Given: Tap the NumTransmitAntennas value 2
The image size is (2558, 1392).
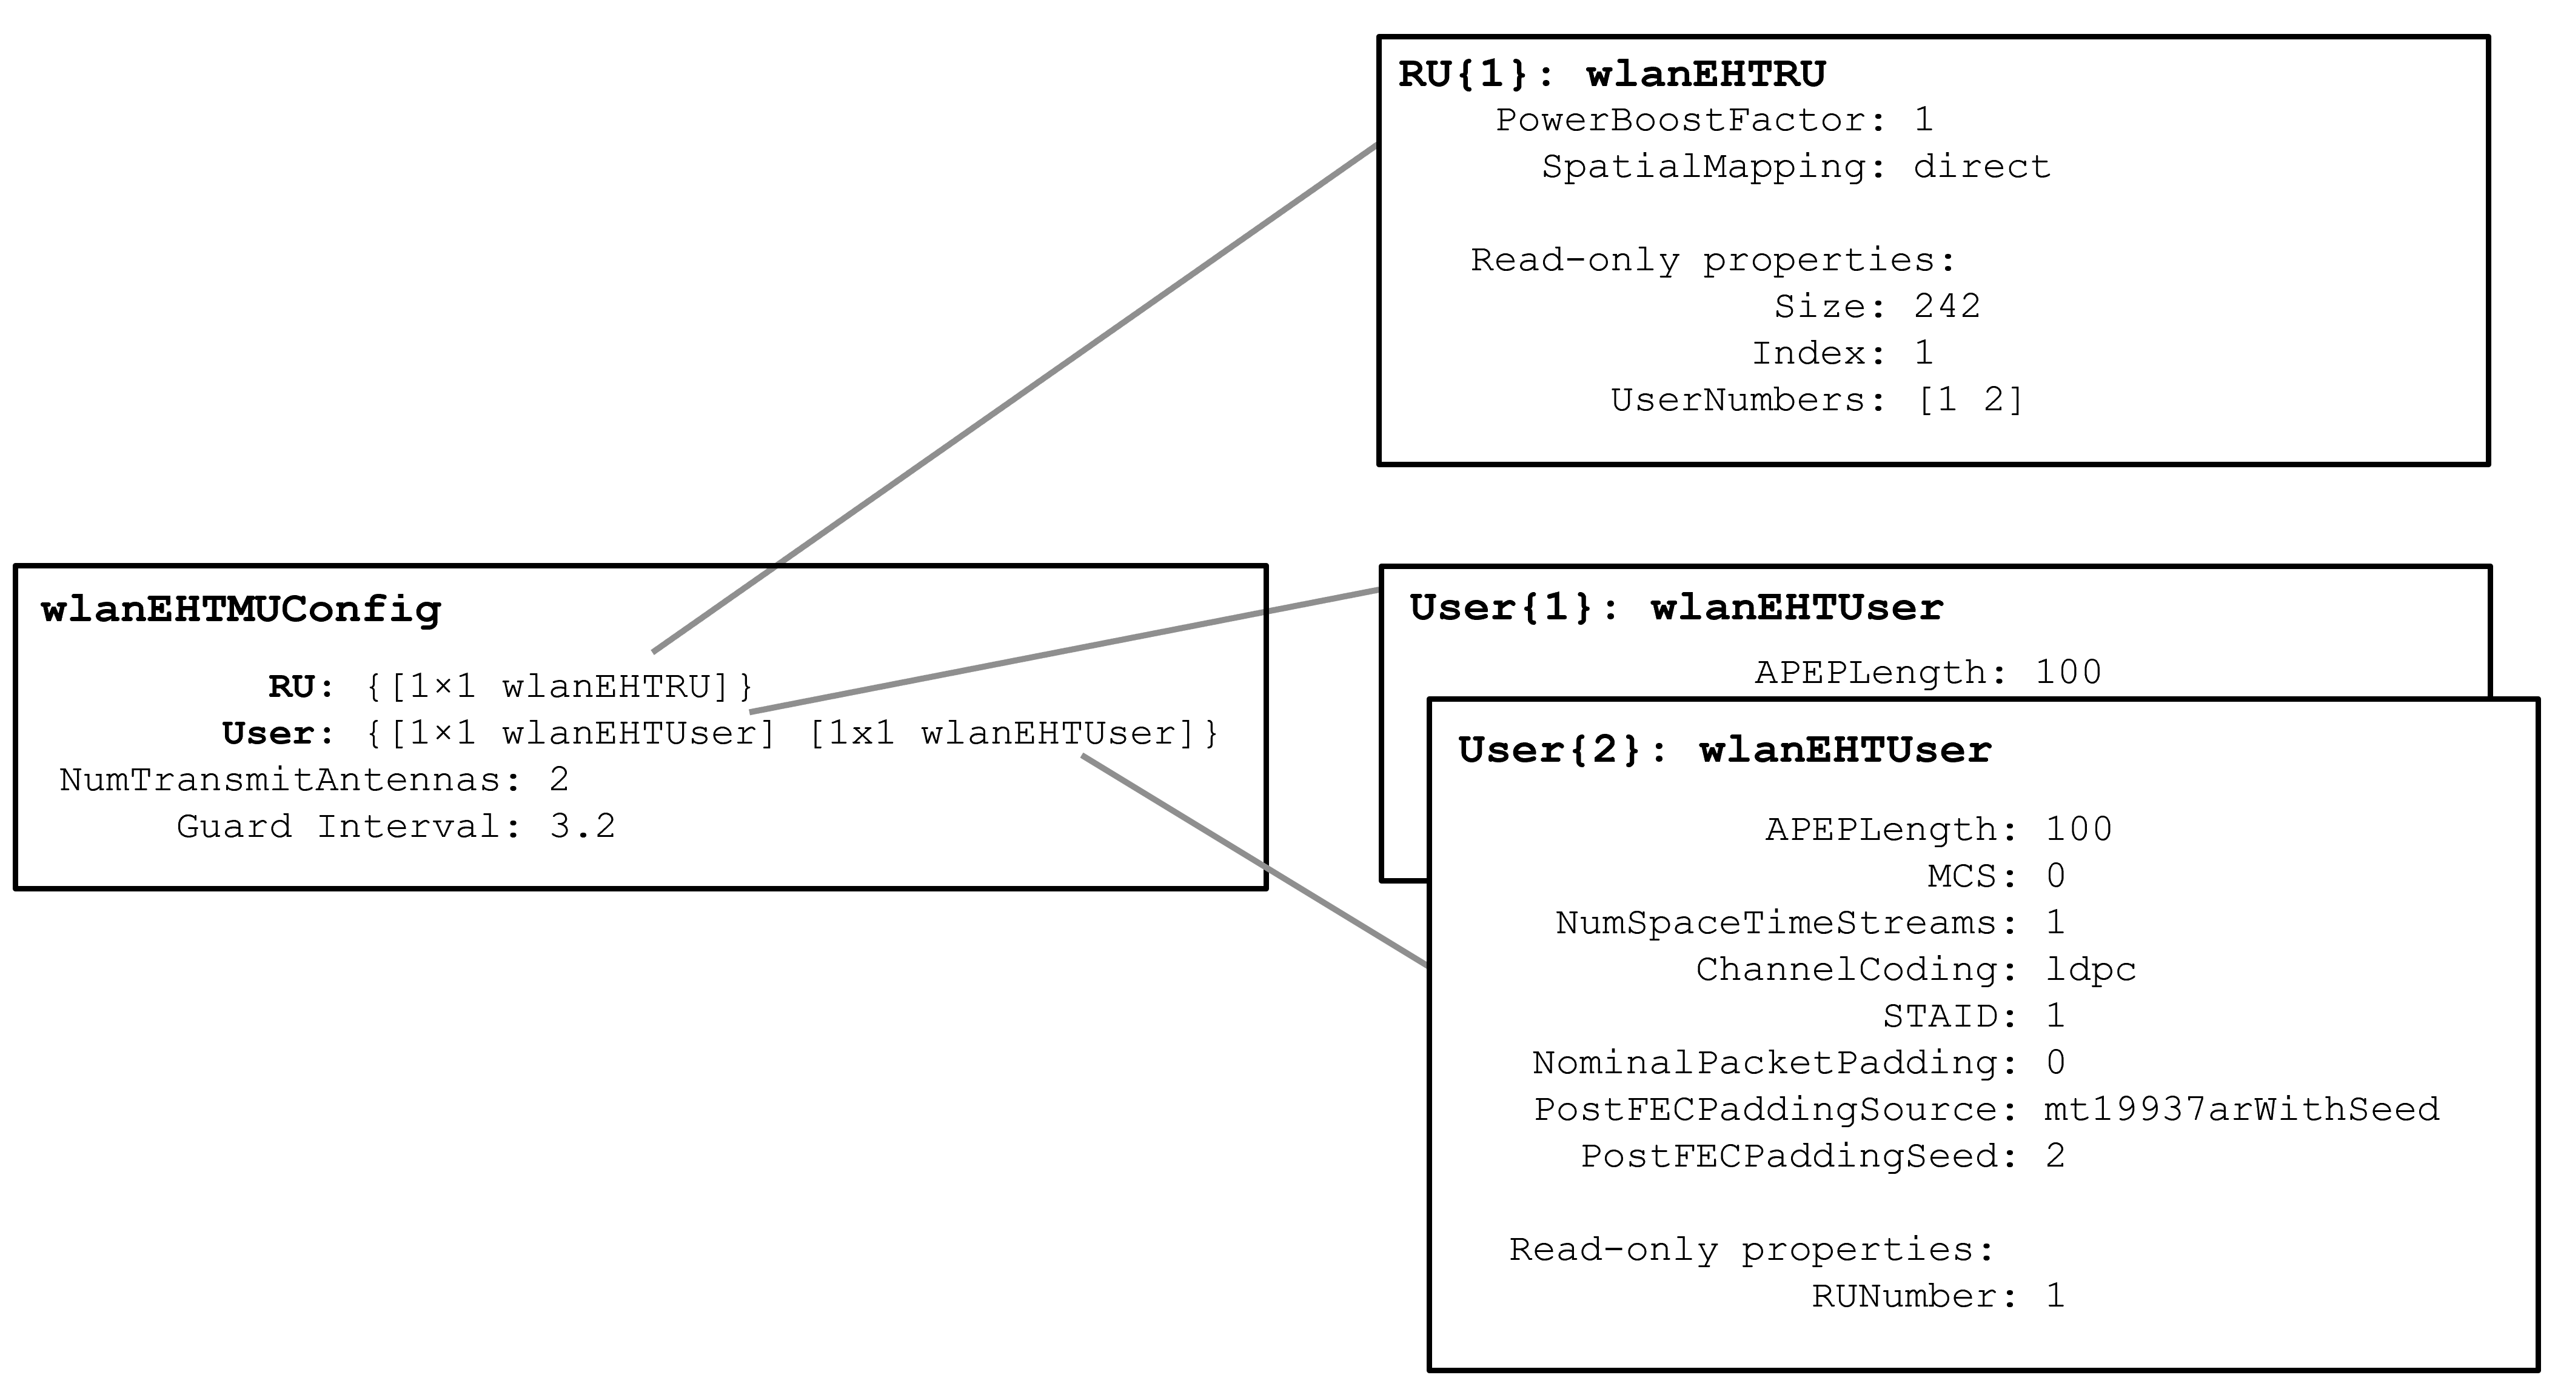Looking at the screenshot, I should (x=559, y=779).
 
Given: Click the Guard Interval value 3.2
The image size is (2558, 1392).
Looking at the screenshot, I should (x=582, y=826).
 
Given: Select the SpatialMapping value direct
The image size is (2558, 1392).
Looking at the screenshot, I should (x=1981, y=167).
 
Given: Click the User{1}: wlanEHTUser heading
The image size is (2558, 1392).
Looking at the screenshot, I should (x=1676, y=608).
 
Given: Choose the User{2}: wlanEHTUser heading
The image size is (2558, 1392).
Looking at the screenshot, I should (x=1725, y=750).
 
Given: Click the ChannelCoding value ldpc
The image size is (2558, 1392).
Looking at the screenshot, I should (x=2091, y=969).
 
